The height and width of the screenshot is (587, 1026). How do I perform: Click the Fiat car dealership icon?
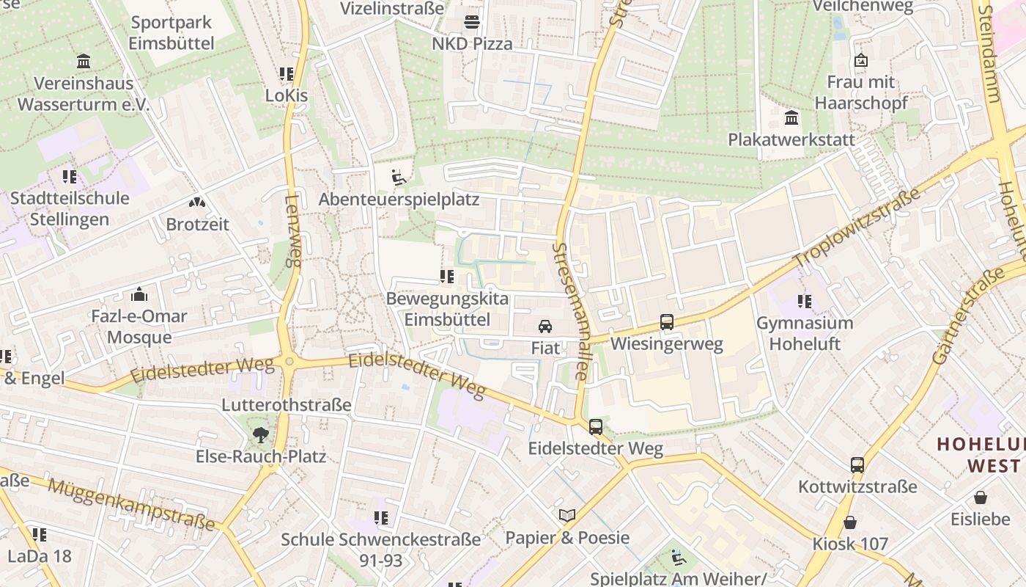(x=545, y=327)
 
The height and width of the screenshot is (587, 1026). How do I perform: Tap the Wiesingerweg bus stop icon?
(x=666, y=321)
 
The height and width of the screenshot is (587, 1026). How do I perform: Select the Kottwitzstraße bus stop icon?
(x=857, y=464)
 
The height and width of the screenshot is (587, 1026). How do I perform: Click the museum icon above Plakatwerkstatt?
(x=791, y=117)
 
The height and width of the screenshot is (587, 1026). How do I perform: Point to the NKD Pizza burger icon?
(x=472, y=21)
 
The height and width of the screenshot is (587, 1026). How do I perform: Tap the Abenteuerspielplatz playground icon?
(x=399, y=177)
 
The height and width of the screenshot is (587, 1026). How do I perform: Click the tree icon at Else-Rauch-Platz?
(x=260, y=434)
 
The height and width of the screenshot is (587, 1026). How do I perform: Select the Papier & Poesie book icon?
(x=566, y=515)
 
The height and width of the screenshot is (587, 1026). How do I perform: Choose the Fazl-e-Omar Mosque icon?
(x=139, y=295)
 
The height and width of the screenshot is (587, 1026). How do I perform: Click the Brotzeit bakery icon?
(x=196, y=202)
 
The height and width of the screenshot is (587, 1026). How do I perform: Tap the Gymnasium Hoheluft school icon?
(x=805, y=301)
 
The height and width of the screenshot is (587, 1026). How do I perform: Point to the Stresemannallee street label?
(x=572, y=311)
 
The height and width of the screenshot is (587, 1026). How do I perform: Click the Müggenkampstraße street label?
(x=132, y=503)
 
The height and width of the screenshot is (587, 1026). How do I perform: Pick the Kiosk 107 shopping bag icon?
(x=849, y=522)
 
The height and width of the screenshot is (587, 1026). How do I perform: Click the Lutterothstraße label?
(x=287, y=405)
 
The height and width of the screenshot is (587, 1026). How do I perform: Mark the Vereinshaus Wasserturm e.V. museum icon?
(x=84, y=62)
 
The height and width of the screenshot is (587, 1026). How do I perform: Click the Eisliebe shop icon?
(x=980, y=497)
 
